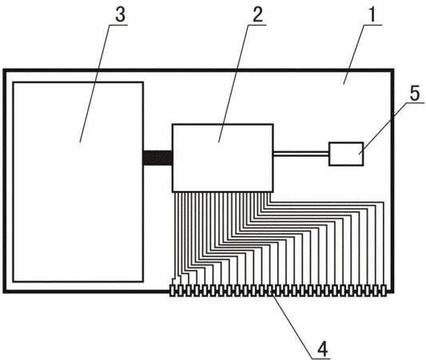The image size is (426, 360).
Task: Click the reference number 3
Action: [121, 14]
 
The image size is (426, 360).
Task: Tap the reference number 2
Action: [258, 14]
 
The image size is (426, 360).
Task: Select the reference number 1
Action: [372, 14]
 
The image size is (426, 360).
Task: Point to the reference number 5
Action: [415, 94]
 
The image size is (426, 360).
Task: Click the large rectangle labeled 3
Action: [78, 182]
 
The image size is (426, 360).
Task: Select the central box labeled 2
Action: [222, 158]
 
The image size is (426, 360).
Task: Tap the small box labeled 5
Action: [346, 154]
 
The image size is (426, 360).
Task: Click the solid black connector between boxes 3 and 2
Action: [157, 158]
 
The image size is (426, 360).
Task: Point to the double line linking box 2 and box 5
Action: [301, 154]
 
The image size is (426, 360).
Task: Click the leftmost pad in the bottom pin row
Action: [173, 290]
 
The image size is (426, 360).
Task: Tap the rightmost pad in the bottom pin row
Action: [384, 290]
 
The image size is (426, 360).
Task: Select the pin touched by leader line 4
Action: [270, 290]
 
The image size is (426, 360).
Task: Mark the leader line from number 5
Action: [391, 129]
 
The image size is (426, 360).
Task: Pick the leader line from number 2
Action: [237, 83]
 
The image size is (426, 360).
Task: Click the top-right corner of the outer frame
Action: [393, 70]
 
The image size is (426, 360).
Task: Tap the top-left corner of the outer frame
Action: [4, 70]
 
